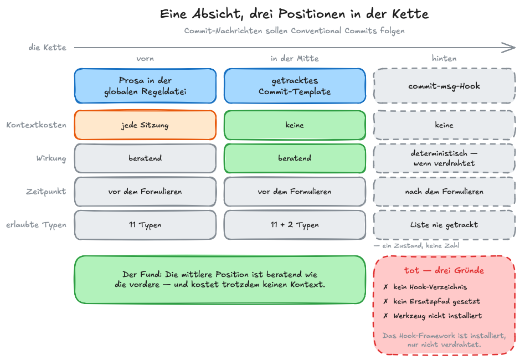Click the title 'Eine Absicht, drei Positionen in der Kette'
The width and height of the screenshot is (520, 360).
pos(294,14)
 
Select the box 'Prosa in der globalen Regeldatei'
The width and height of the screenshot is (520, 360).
pos(145,86)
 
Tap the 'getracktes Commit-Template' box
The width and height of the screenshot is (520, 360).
pos(295,86)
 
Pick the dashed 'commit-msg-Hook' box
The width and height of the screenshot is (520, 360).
pos(444,86)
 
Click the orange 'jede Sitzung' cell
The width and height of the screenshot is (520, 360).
pos(145,125)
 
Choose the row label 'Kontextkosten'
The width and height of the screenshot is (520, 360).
pos(36,125)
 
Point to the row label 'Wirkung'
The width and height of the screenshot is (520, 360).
pos(51,158)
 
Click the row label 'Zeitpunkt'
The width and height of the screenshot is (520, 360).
pos(46,192)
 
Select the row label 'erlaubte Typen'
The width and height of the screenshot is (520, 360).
pos(36,225)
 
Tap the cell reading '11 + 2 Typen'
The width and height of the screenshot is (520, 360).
pos(295,225)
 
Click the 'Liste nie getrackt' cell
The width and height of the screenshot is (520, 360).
pos(444,225)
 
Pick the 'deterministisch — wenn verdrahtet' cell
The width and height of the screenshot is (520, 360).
pos(444,158)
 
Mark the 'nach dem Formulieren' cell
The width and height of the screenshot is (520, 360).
pos(444,192)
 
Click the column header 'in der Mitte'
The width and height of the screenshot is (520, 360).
pos(295,58)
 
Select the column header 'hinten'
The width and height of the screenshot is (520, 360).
pos(444,58)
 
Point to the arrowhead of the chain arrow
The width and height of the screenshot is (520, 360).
pos(514,48)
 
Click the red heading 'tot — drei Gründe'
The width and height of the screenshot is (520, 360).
pos(444,270)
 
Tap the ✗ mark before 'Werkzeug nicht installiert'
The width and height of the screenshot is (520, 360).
pos(385,316)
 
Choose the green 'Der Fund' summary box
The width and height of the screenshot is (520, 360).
pos(220,279)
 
